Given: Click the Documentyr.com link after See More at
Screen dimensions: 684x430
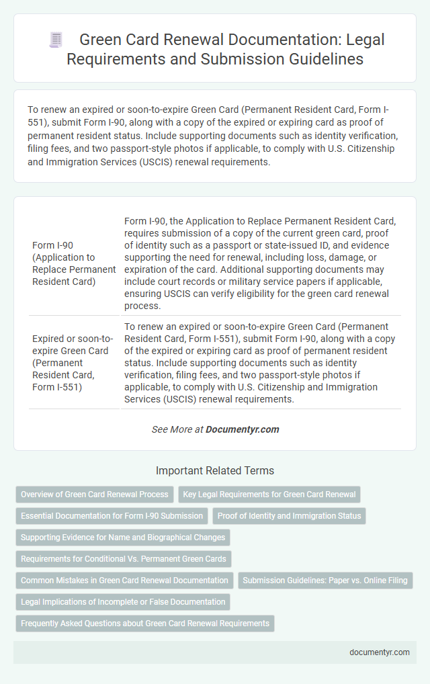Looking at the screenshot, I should [242, 429].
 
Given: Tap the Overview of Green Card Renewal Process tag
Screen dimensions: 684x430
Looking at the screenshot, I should [95, 495].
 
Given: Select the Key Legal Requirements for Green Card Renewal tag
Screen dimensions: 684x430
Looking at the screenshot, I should [269, 495].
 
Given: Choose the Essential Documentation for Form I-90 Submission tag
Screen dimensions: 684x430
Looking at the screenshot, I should [112, 516].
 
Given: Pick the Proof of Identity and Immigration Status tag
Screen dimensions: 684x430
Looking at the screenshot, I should [289, 516].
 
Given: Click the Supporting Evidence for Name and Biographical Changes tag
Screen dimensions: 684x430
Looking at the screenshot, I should [123, 538].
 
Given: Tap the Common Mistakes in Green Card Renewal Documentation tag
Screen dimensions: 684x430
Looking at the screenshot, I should [124, 581].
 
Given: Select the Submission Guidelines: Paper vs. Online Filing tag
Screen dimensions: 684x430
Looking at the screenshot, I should [325, 581].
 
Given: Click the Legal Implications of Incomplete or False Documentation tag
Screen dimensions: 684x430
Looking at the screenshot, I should [123, 602].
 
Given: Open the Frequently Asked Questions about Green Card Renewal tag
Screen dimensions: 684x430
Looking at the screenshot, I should [144, 624].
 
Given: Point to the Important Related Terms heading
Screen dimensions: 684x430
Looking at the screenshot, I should [215, 470].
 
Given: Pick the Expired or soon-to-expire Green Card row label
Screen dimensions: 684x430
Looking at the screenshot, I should [73, 363].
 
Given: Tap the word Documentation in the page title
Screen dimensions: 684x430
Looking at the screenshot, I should [277, 40].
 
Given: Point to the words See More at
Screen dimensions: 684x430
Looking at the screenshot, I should [177, 429].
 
